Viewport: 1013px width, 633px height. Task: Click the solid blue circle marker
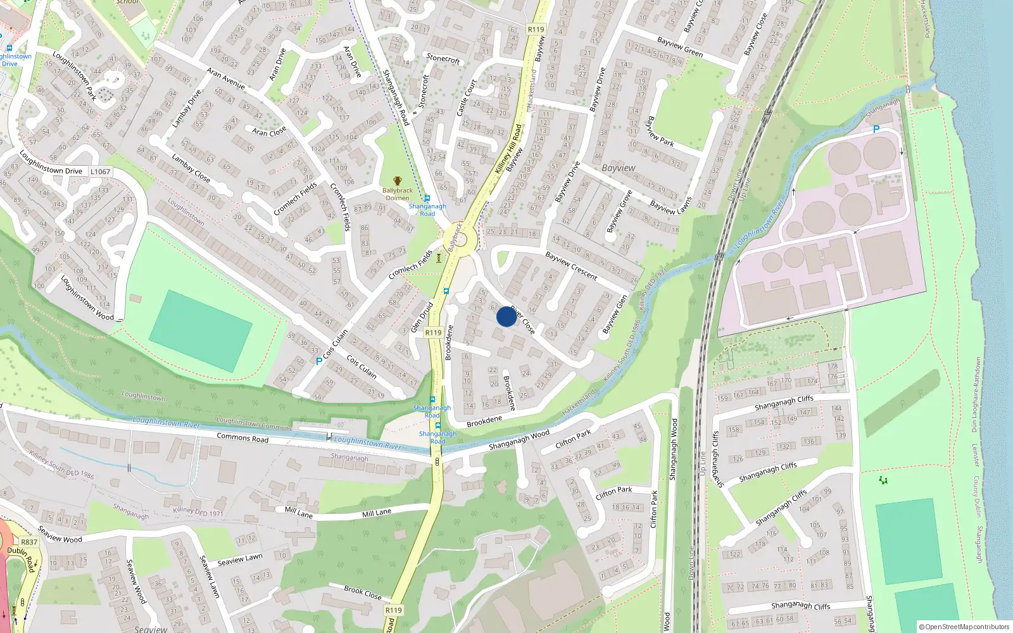click(507, 316)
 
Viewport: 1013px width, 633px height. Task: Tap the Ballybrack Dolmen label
click(397, 194)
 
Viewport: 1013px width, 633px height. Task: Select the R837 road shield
click(29, 542)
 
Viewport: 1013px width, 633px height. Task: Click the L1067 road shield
click(100, 172)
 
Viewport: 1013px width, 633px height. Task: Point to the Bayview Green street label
click(679, 47)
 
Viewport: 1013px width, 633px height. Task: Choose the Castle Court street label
click(466, 97)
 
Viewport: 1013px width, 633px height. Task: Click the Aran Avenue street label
click(226, 78)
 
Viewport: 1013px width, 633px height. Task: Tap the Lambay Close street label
click(191, 168)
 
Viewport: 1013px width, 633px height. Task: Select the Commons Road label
click(242, 437)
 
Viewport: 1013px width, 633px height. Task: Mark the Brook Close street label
click(363, 592)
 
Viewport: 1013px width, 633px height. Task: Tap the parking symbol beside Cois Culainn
click(318, 361)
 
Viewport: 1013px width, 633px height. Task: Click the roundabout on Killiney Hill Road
click(463, 240)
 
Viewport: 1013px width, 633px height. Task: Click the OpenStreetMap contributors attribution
click(964, 627)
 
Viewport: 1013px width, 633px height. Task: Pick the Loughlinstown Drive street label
click(51, 163)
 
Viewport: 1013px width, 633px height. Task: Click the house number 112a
click(317, 149)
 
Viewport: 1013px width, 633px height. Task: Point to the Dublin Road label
click(21, 559)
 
